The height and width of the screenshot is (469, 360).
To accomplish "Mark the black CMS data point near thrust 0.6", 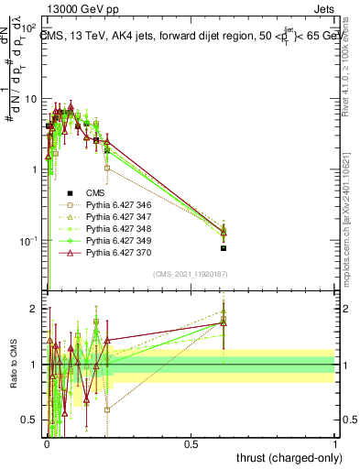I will coord(224,248).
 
